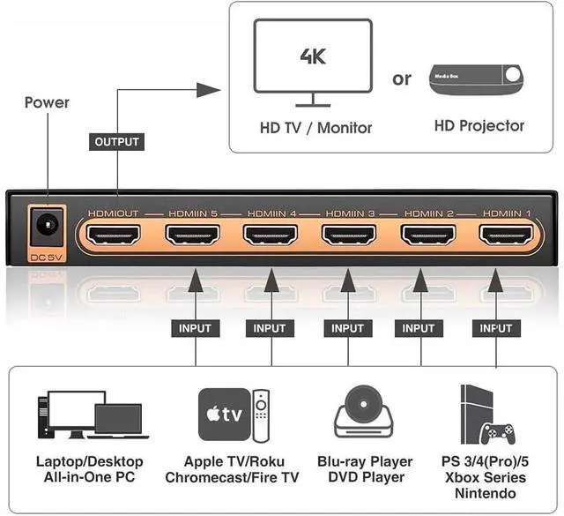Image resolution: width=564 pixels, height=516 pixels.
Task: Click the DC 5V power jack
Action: (x=44, y=229)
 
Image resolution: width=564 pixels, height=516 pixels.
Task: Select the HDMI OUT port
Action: (x=115, y=236)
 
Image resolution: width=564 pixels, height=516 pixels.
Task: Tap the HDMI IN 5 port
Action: (x=192, y=236)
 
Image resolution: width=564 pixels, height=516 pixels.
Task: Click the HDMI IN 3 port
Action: (x=348, y=236)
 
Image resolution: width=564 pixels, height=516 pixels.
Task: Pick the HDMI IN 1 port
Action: (x=505, y=236)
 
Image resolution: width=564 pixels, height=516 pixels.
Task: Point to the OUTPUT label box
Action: (x=116, y=141)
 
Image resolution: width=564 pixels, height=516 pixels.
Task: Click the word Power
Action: (x=47, y=102)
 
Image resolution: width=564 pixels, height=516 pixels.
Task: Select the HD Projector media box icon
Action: (x=478, y=79)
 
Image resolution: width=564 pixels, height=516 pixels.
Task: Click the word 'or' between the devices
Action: (x=402, y=79)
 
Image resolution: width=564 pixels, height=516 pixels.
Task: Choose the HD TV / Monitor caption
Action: (x=315, y=127)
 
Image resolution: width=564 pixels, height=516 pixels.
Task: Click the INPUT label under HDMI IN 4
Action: (x=270, y=328)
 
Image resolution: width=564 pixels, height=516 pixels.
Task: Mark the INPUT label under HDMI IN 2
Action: (x=419, y=328)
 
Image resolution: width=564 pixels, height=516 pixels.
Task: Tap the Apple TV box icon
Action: (x=222, y=413)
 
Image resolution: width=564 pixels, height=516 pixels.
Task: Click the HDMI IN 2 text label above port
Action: (x=427, y=213)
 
